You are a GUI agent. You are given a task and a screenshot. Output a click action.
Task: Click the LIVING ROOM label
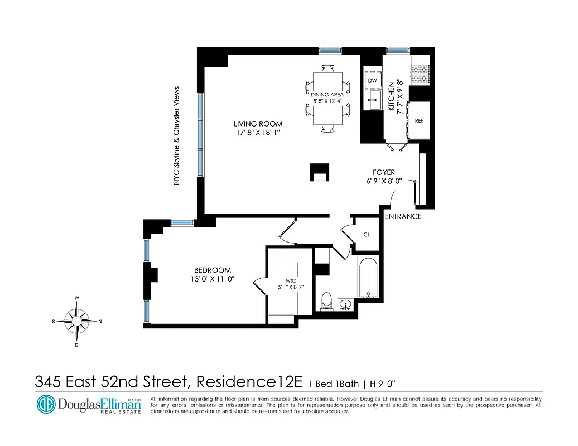(258, 124)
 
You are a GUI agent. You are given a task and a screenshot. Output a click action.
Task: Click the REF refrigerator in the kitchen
(419, 120)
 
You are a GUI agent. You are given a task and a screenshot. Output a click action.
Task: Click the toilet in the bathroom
(327, 302)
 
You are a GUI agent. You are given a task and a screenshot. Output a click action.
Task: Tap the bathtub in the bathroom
(368, 279)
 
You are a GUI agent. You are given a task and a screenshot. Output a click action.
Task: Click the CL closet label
(367, 235)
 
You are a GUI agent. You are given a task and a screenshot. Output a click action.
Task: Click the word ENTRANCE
(403, 216)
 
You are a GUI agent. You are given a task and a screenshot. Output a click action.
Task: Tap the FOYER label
(384, 173)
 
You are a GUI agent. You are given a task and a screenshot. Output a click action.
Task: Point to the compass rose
(76, 321)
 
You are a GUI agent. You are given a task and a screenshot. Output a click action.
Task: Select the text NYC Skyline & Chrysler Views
(177, 135)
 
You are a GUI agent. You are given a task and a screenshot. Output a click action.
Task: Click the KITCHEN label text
(392, 95)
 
